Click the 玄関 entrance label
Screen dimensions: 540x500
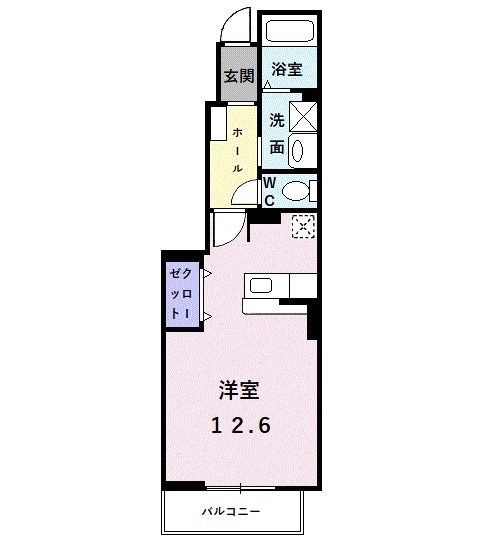237,76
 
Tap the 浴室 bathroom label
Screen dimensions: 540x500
288,70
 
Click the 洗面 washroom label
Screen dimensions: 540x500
277,133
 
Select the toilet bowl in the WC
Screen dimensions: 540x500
297,191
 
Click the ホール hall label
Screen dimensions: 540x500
238,150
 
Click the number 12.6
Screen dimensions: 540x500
241,423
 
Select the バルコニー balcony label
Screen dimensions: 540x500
232,512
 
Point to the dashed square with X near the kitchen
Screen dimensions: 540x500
302,228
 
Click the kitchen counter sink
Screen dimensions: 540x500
261,286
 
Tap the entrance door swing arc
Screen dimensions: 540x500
234,23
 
